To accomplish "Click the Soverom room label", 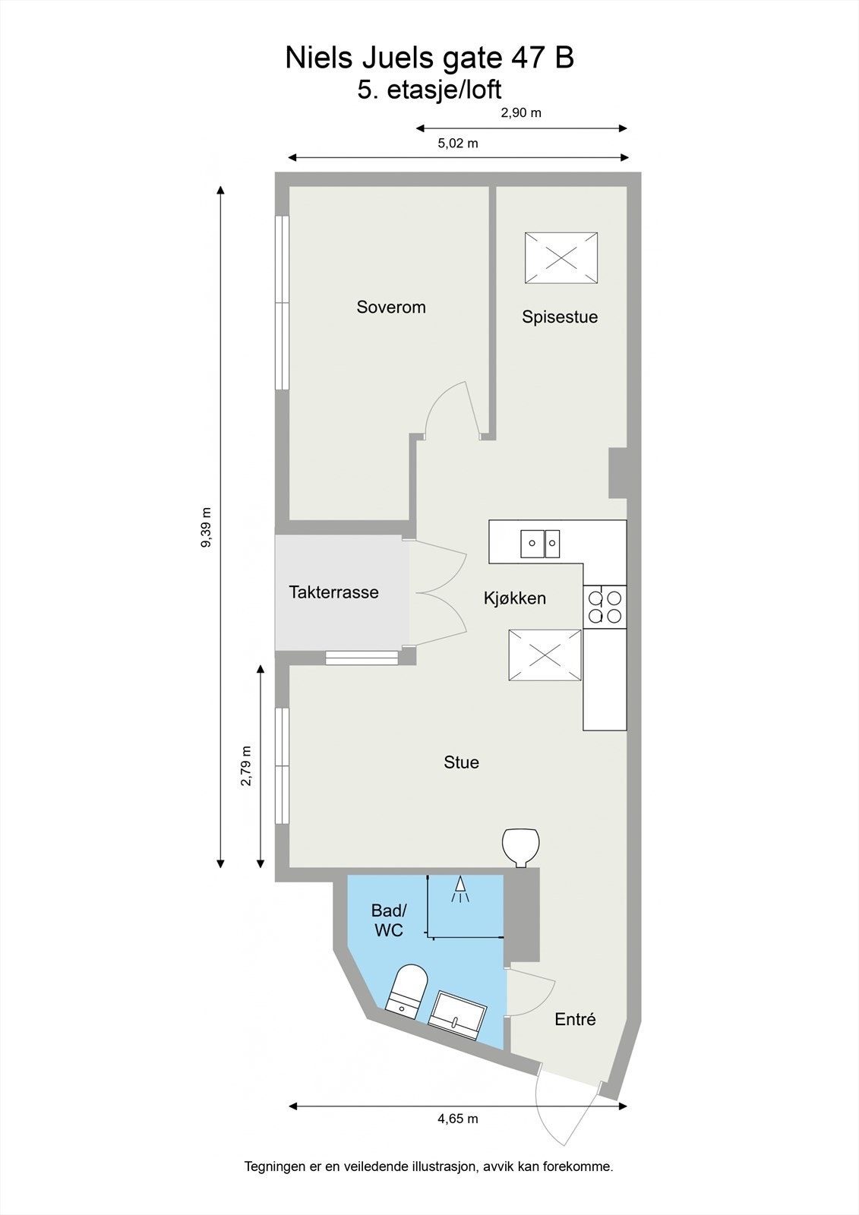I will pos(391,308).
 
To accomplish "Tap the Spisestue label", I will pos(560,317).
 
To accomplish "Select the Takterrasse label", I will pos(333,592).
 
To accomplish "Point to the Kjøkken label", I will pos(515,598).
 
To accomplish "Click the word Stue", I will pos(461,762).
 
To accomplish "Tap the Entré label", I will pos(575,1020).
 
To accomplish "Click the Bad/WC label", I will pos(389,920).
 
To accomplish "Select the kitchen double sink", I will pos(540,542).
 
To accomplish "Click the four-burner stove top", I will pos(605,607).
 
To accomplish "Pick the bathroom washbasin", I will pos(457,1013).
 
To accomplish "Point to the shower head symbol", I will pos(460,888).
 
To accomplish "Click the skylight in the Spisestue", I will pos(561,258).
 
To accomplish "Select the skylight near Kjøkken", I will pos(545,655).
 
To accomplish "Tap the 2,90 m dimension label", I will pos(521,113).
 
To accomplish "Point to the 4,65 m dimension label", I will pos(457,1119).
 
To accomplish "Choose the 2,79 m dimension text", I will pos(246,766).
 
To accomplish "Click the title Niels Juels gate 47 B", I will pos(429,58).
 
